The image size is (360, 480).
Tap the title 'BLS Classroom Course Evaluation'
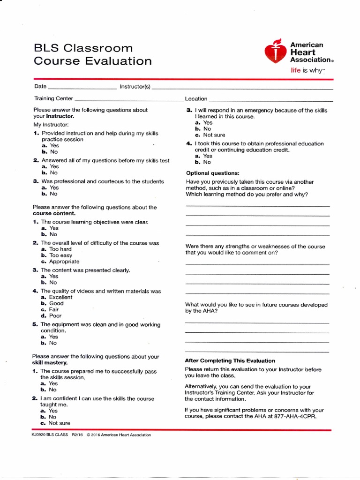point(92,54)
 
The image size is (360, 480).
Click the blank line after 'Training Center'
point(128,99)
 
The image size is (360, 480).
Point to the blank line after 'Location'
point(270,99)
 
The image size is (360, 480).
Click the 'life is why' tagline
point(307,70)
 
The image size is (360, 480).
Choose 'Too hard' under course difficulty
point(60,249)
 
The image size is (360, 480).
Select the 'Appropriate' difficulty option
point(64,262)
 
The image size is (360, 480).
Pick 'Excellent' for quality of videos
point(60,297)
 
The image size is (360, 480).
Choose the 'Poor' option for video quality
point(55,315)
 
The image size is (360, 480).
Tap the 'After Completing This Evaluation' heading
point(230,360)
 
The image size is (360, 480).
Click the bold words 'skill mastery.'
point(50,363)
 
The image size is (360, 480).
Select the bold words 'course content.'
point(53,213)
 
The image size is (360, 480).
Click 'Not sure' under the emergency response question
point(214,135)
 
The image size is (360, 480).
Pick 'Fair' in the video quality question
point(54,309)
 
